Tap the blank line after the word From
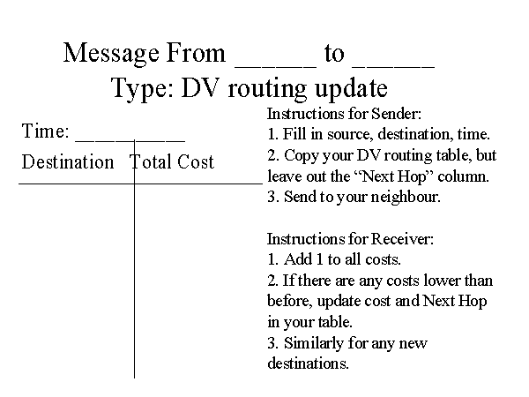tap(275, 62)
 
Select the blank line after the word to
tap(392, 62)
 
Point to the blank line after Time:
tap(130, 139)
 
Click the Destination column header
tap(68, 162)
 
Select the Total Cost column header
tap(172, 162)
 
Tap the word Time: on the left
tap(46, 132)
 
